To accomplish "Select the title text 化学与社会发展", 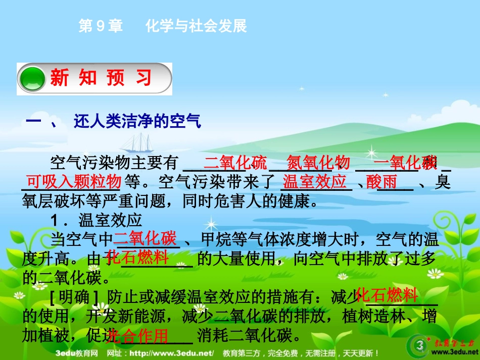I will pyautogui.click(x=196, y=26).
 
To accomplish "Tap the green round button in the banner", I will pyautogui.click(x=33, y=79).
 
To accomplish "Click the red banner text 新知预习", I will pyautogui.click(x=101, y=79).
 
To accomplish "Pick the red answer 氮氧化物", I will pyautogui.click(x=318, y=163).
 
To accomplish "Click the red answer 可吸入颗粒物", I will pyautogui.click(x=74, y=181).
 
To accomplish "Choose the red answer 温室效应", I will pyautogui.click(x=314, y=181).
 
